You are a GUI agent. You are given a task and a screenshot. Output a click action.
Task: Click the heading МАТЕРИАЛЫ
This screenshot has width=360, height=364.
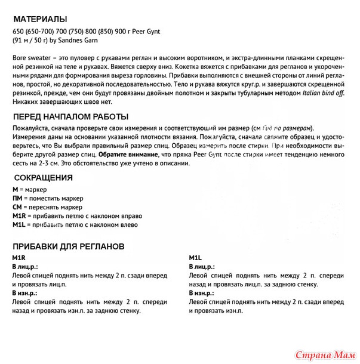point(39,18)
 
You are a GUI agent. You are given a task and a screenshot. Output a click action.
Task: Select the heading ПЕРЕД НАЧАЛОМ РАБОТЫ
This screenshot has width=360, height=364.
point(70,116)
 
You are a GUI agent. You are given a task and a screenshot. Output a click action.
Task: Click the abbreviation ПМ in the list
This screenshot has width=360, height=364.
point(17,198)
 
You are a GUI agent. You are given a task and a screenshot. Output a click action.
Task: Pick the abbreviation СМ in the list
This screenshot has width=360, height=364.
point(17,206)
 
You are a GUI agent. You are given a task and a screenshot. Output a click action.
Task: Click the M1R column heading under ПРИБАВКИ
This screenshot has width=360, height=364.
point(19,257)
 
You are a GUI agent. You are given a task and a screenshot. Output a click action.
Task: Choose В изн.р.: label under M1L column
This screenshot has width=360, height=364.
point(202,293)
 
